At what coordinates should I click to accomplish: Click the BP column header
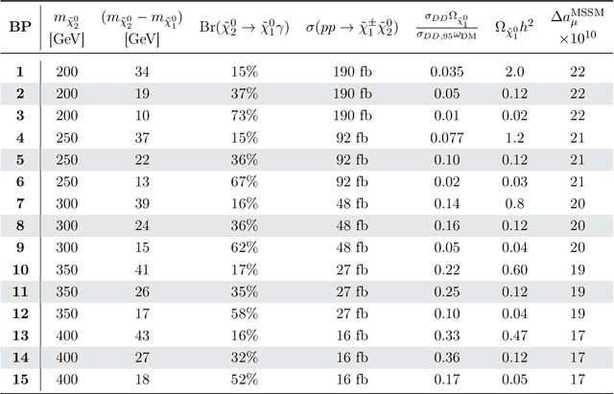click(x=19, y=27)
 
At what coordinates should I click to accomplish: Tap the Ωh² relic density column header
click(x=517, y=27)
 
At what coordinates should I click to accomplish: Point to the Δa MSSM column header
click(x=578, y=27)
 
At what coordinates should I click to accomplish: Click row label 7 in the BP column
click(x=19, y=202)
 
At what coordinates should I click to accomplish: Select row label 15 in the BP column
click(x=19, y=379)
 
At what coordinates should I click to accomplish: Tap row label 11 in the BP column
click(x=19, y=290)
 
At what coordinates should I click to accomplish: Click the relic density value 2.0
click(x=517, y=70)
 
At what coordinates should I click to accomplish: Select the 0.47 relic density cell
click(x=517, y=335)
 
